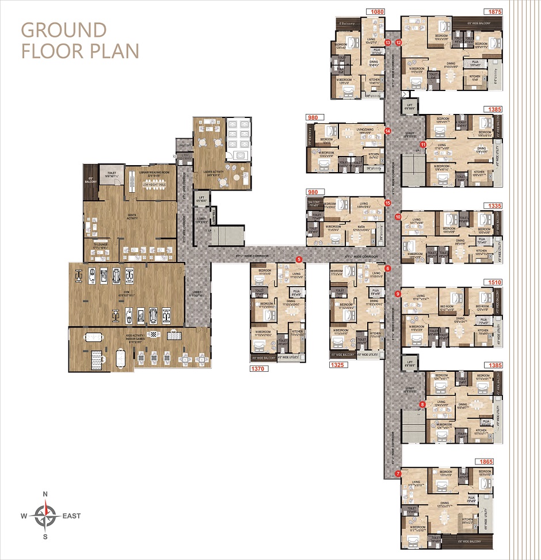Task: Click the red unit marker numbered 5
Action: (x=298, y=260)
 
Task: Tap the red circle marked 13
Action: (x=387, y=43)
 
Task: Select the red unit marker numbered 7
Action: (x=398, y=474)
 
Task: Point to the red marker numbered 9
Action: (x=398, y=294)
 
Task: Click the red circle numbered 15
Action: (x=387, y=203)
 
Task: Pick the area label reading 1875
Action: (x=494, y=12)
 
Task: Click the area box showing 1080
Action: (x=376, y=12)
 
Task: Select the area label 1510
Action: (x=494, y=283)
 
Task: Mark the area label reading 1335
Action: (x=494, y=205)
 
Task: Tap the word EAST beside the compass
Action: (x=71, y=516)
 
